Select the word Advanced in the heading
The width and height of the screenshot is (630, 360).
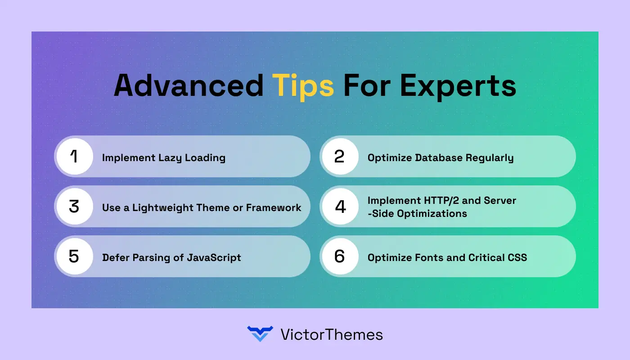[189, 85]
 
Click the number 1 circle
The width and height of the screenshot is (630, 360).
[74, 157]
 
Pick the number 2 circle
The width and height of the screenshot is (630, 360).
[340, 157]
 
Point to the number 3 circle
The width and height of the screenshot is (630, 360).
[74, 207]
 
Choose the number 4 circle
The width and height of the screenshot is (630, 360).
[340, 207]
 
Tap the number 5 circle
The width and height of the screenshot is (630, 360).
[74, 256]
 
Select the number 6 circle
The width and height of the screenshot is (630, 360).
[340, 256]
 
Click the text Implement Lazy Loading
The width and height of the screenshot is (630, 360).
[163, 157]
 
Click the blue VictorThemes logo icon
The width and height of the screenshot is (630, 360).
[260, 334]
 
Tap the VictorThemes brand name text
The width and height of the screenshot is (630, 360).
[331, 334]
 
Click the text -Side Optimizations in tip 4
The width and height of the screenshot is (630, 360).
[417, 213]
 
